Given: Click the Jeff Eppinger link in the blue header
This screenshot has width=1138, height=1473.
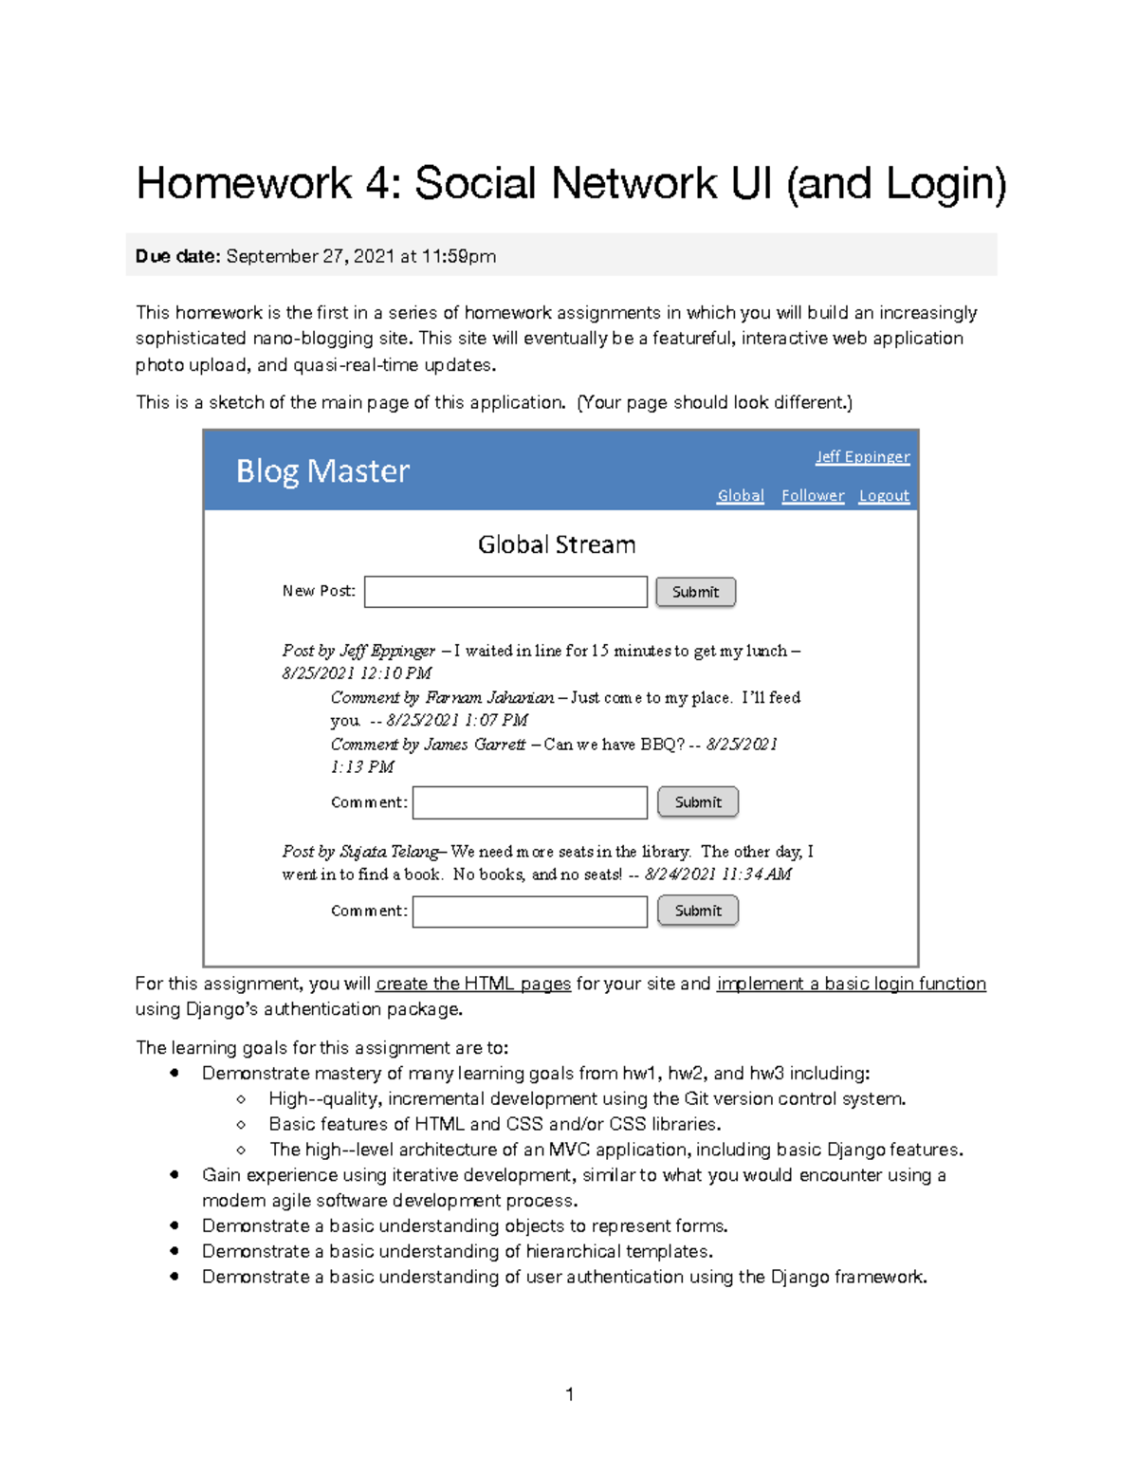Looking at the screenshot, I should click(862, 457).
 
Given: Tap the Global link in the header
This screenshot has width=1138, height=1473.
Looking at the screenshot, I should click(740, 496).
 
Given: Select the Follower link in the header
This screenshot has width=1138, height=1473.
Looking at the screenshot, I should click(813, 496).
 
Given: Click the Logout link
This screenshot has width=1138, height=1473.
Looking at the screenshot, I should click(884, 496).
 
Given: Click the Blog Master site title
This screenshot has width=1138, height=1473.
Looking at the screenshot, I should click(322, 471).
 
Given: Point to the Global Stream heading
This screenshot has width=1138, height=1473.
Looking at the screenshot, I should click(557, 544).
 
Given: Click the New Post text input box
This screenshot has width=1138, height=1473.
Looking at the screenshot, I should click(505, 592).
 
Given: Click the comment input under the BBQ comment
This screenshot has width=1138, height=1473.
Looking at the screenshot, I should click(530, 802).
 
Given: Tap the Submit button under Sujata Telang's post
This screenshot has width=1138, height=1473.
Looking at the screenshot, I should click(698, 911).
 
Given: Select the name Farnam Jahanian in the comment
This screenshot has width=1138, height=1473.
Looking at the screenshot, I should click(489, 698).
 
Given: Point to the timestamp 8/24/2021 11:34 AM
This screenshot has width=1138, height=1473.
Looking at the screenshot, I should click(718, 875).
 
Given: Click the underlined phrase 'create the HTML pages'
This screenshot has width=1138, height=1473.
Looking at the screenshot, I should click(473, 984).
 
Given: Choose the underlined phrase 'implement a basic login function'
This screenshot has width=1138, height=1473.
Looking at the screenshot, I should click(851, 984).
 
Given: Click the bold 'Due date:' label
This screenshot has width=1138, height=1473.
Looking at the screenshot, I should click(177, 256).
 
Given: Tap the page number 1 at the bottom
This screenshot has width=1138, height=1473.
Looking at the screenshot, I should click(569, 1394).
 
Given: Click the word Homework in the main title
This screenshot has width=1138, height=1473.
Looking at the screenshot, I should click(244, 183).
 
